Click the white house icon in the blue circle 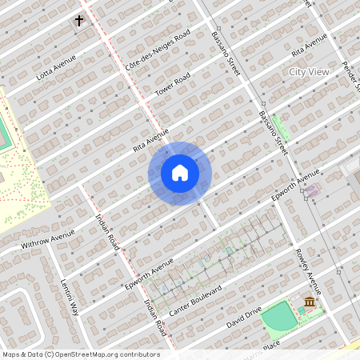click(180, 173)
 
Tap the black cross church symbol click(79, 20)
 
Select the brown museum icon click(310, 302)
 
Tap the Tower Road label click(173, 83)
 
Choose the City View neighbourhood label click(308, 72)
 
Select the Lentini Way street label click(69, 296)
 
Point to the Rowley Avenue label click(307, 273)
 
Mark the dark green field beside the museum click(278, 318)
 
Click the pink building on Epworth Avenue click(311, 191)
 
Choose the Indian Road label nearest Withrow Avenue click(106, 232)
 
